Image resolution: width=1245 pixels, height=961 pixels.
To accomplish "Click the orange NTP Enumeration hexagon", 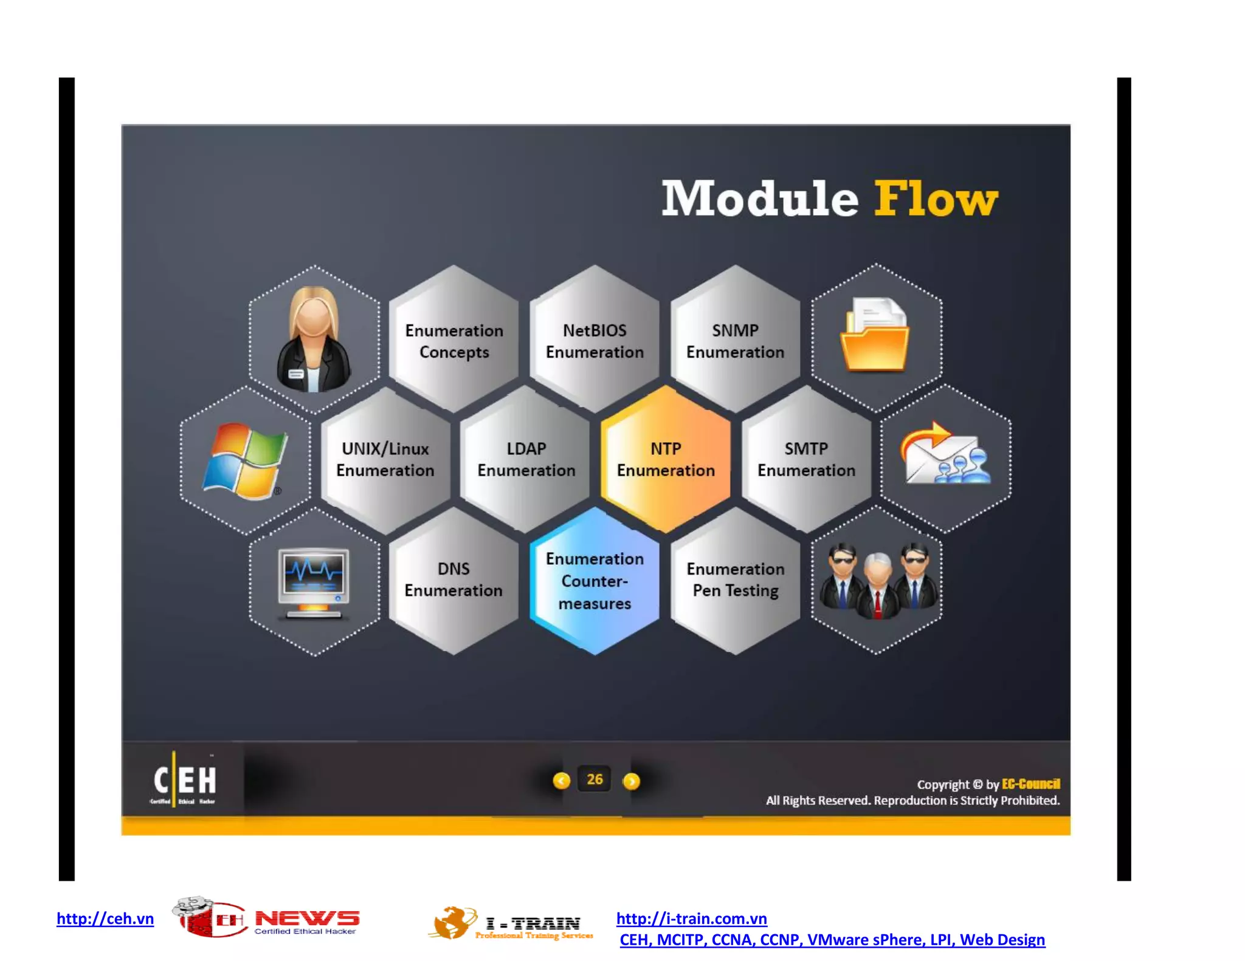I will [666, 459].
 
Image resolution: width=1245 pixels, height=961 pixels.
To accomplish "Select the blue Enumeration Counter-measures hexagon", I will [595, 581].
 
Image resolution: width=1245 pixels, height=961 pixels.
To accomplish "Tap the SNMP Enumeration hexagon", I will [735, 340].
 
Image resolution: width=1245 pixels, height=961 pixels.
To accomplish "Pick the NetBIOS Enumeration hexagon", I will [595, 340].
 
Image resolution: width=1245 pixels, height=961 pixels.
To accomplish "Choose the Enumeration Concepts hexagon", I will [454, 340].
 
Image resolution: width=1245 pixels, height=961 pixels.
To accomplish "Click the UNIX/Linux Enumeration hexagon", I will [385, 459].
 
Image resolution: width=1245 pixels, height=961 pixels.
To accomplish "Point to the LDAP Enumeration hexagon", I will [526, 459].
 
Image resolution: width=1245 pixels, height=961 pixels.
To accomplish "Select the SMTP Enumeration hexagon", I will [806, 459].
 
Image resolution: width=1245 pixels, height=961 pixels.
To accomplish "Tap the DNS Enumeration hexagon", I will [454, 580].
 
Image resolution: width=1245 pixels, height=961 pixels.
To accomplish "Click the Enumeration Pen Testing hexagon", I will [736, 580].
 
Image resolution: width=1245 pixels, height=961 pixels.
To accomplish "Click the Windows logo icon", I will [245, 460].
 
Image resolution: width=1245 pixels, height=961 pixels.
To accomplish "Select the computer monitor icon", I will [314, 582].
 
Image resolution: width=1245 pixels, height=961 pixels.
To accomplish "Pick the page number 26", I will [595, 779].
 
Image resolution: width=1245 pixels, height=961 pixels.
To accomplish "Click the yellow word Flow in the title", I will [936, 199].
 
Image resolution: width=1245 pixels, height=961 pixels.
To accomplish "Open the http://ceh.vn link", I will [105, 918].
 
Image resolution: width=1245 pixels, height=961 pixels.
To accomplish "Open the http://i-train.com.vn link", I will [691, 918].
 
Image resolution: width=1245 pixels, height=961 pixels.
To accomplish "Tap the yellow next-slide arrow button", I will [632, 781].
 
